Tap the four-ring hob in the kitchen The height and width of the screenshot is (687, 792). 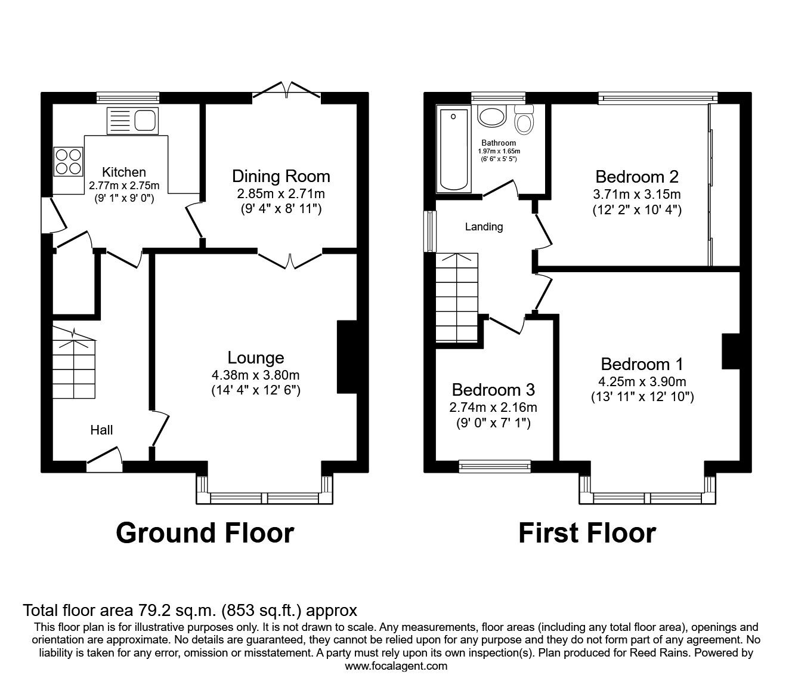[68, 161]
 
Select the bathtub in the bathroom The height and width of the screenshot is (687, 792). [453, 149]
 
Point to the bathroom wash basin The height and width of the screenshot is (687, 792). [491, 117]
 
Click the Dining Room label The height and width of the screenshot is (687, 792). [281, 176]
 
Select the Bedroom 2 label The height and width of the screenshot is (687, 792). [637, 177]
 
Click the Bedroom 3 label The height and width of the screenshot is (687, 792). [493, 390]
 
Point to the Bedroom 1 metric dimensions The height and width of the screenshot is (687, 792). [642, 381]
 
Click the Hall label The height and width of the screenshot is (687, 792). [101, 430]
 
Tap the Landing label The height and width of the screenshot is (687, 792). [484, 227]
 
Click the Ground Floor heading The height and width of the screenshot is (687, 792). [205, 532]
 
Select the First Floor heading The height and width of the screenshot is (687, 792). [587, 532]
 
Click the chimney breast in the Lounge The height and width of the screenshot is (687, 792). [346, 357]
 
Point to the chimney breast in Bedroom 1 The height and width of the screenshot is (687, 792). [731, 351]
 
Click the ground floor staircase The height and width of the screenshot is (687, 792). [73, 364]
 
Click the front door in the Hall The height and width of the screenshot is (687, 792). [105, 457]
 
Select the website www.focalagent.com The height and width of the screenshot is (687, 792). [396, 666]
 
